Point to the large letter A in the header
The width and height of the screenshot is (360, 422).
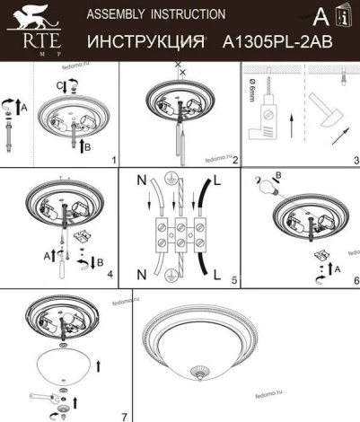point(320,15)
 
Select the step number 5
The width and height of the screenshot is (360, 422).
point(233,280)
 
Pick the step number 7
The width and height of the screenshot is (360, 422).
point(123,415)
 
